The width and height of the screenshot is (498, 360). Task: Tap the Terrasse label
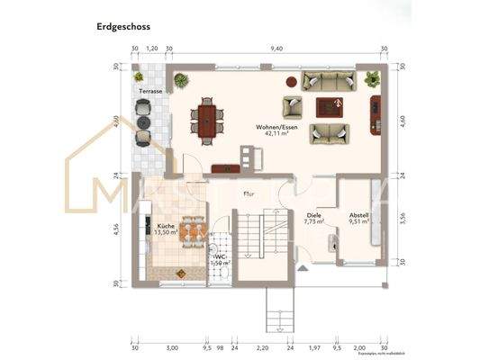tap(149, 91)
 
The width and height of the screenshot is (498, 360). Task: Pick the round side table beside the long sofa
tap(291, 81)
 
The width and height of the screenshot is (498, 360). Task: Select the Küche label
tap(166, 226)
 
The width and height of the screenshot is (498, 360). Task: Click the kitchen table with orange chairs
tap(191, 232)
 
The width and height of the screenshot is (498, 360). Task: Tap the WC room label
tap(220, 256)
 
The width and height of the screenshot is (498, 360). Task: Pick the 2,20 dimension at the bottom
tap(263, 345)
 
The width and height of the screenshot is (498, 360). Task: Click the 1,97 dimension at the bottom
tap(315, 345)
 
